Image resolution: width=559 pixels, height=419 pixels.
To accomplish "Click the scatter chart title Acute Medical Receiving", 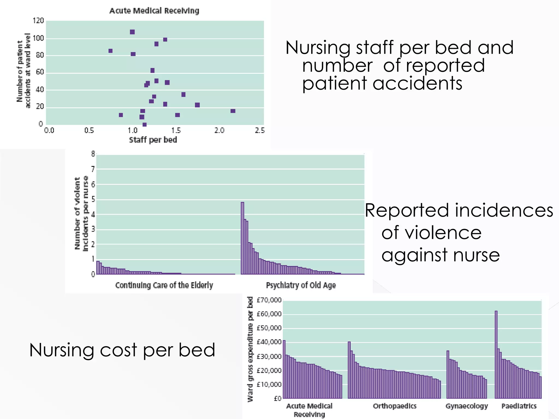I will [154, 11].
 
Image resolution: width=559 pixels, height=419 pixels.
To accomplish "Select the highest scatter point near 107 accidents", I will [132, 32].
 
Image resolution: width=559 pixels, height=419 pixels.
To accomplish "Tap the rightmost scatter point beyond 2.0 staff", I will [233, 111].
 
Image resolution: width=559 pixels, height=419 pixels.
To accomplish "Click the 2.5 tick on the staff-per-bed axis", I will [260, 131].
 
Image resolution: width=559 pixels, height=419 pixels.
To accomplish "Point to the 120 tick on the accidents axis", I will [38, 21].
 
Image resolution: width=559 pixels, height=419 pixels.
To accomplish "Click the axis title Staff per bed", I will [153, 140].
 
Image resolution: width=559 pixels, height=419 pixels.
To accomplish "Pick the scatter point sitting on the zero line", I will [145, 125].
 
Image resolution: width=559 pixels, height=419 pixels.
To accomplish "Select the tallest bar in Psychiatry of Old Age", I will [242, 237].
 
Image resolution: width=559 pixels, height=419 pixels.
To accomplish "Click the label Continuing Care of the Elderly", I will [164, 285].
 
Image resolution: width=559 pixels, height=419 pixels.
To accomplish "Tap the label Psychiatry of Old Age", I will [301, 285].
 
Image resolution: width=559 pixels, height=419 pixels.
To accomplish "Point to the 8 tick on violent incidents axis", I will [93, 154].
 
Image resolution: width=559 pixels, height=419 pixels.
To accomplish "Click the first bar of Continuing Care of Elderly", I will [98, 267].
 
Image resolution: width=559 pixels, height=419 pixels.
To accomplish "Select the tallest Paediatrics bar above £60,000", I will [496, 355].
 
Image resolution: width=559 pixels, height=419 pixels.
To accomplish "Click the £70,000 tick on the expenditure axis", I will [269, 300].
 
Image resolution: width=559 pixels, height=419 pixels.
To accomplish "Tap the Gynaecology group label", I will [466, 406].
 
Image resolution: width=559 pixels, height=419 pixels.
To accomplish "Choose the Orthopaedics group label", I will [395, 406].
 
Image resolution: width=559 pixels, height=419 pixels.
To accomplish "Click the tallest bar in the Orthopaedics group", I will [349, 370].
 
